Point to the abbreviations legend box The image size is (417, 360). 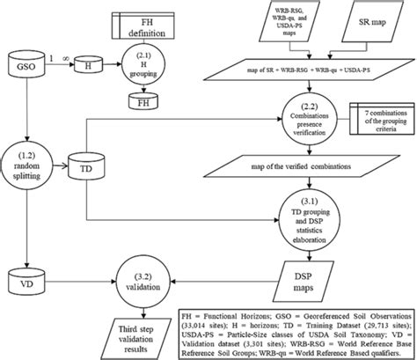click(295, 332)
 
